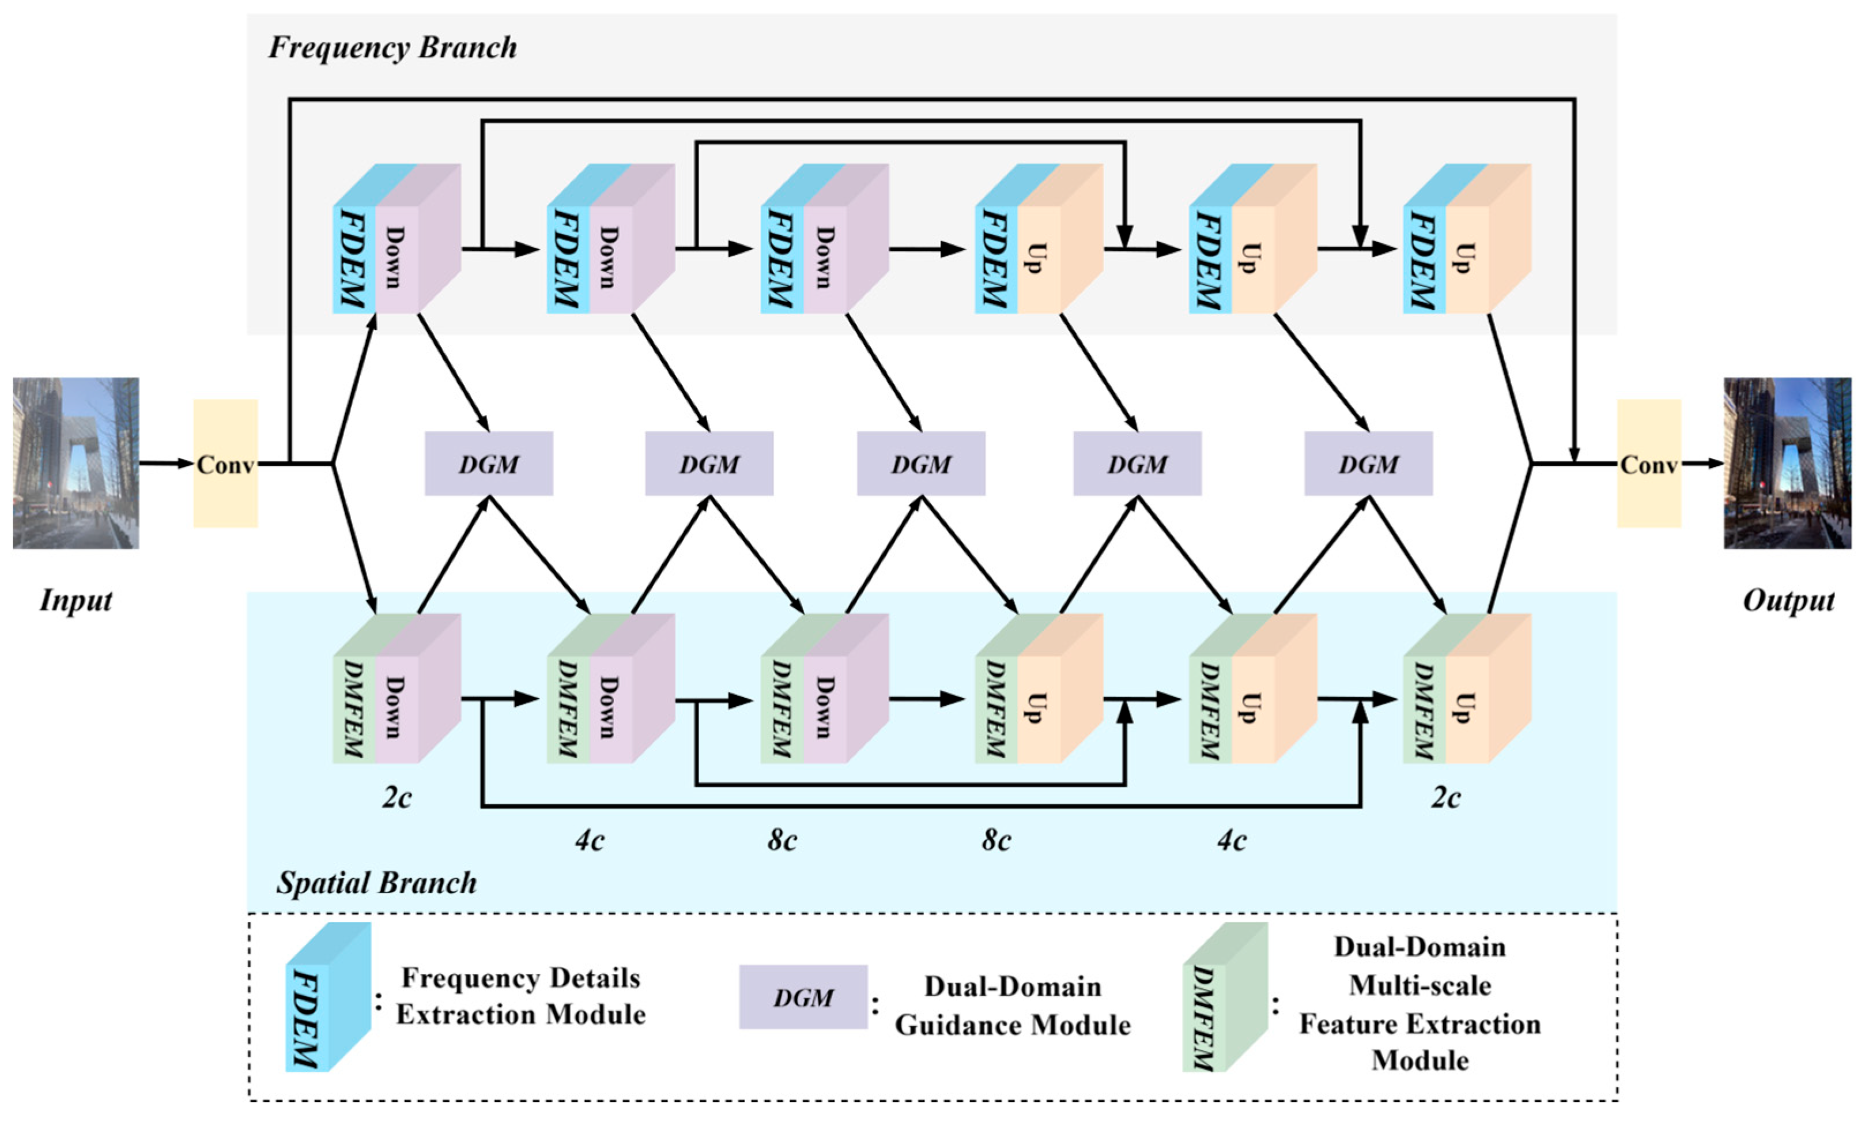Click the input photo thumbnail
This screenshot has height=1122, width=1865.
(75, 463)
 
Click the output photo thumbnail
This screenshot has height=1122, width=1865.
(1787, 463)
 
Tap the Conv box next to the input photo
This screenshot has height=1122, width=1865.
(225, 463)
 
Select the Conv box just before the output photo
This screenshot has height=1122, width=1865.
(1649, 463)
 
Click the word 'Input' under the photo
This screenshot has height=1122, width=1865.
(75, 600)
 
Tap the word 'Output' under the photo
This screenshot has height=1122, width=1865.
(1788, 600)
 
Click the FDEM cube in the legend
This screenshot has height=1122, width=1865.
(328, 996)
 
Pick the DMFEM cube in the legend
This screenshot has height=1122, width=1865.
(1225, 996)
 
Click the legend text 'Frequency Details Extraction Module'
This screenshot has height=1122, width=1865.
(520, 996)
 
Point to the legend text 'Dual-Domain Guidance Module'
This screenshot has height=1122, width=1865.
(1013, 1006)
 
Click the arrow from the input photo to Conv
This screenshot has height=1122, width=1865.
(166, 463)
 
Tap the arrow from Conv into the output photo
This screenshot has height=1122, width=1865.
(1702, 463)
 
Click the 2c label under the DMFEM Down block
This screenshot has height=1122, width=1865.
(397, 797)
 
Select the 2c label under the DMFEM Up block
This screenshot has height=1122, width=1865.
(1445, 797)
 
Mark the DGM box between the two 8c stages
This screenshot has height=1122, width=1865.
(921, 464)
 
